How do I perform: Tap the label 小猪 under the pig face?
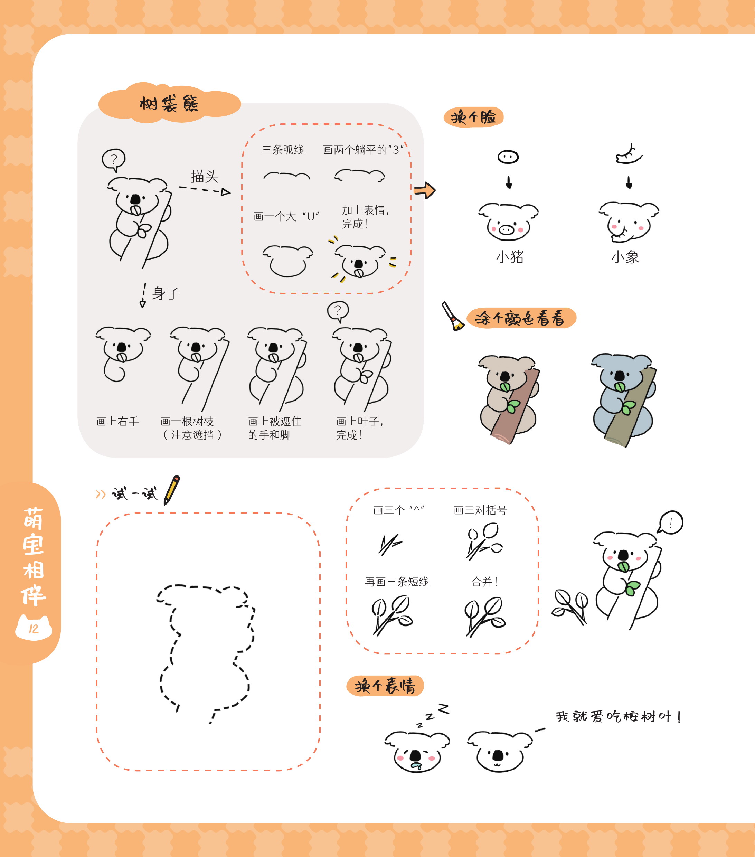(510, 257)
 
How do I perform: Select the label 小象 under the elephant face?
(625, 257)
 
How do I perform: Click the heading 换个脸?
(473, 117)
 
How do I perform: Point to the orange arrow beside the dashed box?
(425, 190)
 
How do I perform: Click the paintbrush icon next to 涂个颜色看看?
(452, 316)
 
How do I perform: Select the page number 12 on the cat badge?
(34, 629)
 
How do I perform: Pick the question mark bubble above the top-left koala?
(114, 160)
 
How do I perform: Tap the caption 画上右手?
(117, 421)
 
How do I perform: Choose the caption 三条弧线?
(283, 150)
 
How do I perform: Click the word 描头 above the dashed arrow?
(205, 176)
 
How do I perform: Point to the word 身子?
(166, 293)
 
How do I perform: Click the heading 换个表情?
(385, 686)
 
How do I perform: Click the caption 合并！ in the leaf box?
(484, 582)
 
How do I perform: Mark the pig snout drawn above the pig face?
(508, 157)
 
